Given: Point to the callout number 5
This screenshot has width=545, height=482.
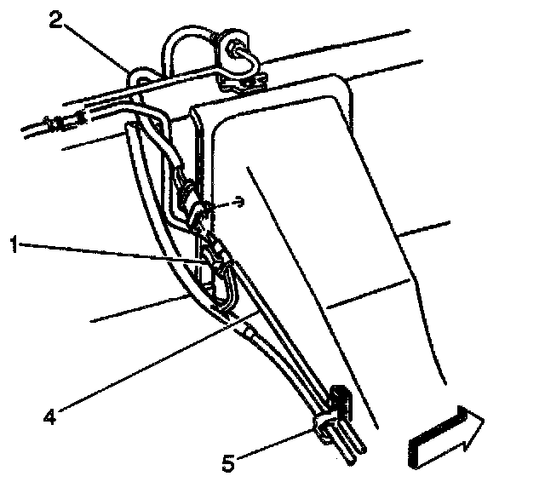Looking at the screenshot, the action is click(226, 464).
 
